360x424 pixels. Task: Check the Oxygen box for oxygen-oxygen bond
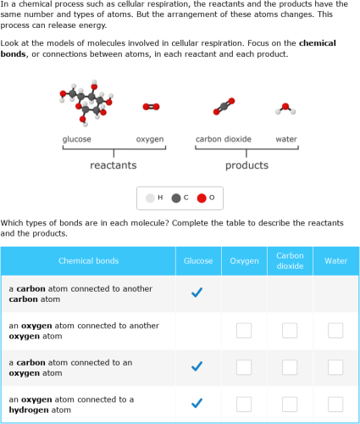pyautogui.click(x=244, y=331)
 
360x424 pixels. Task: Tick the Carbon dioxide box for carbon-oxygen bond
pyautogui.click(x=290, y=367)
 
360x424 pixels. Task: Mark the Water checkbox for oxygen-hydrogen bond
pyautogui.click(x=335, y=404)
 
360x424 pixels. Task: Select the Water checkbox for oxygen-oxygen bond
pyautogui.click(x=335, y=331)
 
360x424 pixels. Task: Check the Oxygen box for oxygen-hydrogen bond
pyautogui.click(x=244, y=404)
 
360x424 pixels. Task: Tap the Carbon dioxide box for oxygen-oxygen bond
pyautogui.click(x=290, y=331)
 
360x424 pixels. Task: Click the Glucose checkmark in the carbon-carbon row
pyautogui.click(x=197, y=293)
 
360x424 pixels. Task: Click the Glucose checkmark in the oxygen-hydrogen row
pyautogui.click(x=197, y=404)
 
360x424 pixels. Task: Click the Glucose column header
pyautogui.click(x=198, y=260)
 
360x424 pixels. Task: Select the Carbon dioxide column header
pyautogui.click(x=290, y=260)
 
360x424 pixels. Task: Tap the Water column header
pyautogui.click(x=335, y=260)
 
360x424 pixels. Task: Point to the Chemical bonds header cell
pyautogui.click(x=88, y=260)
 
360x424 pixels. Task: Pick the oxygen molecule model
pyautogui.click(x=151, y=107)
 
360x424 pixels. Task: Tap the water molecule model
pyautogui.click(x=286, y=109)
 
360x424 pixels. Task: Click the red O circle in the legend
pyautogui.click(x=202, y=198)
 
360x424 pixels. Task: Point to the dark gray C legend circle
pyautogui.click(x=176, y=198)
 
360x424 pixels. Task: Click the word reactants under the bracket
pyautogui.click(x=114, y=165)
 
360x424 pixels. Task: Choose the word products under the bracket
pyautogui.click(x=246, y=165)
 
